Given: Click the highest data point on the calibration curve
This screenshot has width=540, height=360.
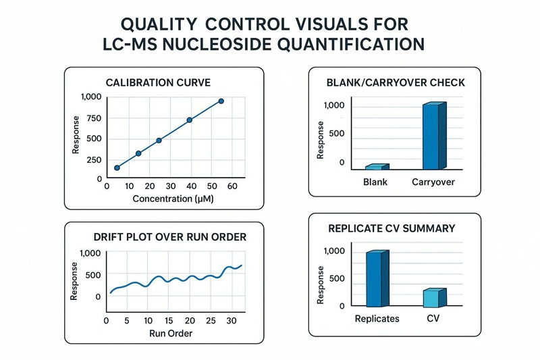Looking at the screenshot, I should (221, 101).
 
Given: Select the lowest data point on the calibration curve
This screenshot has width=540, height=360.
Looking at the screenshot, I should (117, 168).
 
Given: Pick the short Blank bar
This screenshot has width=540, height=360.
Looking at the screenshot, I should (377, 166).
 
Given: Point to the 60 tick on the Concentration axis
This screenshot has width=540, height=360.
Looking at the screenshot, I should (232, 186).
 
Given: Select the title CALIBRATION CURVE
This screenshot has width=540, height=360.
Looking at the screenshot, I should (159, 82).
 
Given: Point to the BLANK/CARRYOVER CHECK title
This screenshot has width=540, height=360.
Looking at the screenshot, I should (395, 82).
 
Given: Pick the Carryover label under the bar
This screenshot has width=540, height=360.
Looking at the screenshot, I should (433, 182).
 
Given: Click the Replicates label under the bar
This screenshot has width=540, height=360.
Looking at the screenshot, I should (377, 318).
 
